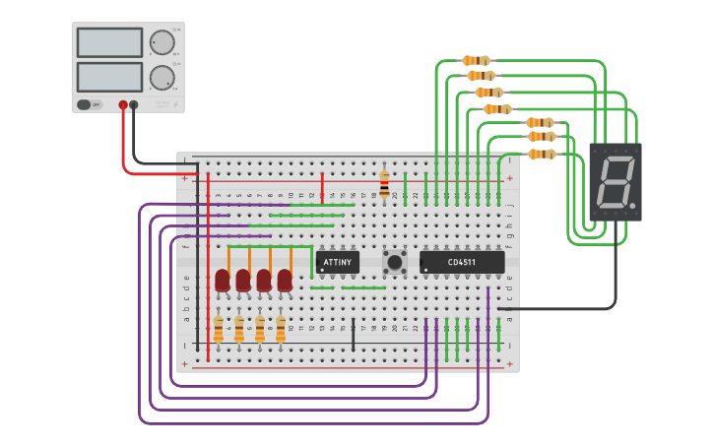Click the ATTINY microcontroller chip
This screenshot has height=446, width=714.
tap(337, 263)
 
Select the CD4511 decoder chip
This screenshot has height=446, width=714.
tap(462, 263)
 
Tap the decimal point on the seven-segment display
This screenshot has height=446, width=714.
tap(633, 207)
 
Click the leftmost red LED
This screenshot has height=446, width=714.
tap(223, 282)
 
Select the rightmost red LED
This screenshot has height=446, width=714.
tap(285, 282)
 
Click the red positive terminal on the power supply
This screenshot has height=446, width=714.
tap(123, 104)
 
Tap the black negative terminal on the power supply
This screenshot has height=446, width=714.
tap(134, 104)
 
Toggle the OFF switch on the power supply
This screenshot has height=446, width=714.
tap(85, 104)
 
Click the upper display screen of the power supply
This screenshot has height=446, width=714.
tap(109, 42)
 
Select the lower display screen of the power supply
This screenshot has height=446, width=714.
tap(109, 77)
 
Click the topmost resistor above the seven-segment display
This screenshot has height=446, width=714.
tap(476, 60)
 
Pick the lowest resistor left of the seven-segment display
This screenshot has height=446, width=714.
tap(542, 154)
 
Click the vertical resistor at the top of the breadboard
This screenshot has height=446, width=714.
tap(384, 183)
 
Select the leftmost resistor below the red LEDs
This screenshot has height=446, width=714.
tap(219, 328)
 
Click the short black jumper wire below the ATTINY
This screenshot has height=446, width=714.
tap(353, 334)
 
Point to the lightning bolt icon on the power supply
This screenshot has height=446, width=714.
tap(175, 104)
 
